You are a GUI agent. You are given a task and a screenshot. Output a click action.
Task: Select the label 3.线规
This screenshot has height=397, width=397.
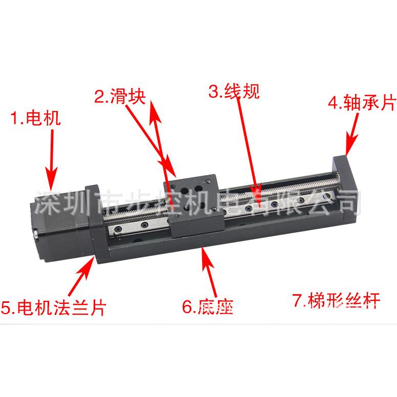tap(234, 92)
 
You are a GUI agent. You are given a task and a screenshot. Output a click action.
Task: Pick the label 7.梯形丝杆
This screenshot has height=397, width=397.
tap(336, 301)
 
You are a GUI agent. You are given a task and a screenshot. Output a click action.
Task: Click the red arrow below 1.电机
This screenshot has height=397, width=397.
tap(51, 164)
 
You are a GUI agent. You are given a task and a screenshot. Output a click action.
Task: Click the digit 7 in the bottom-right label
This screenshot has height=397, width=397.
tap(296, 301)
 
